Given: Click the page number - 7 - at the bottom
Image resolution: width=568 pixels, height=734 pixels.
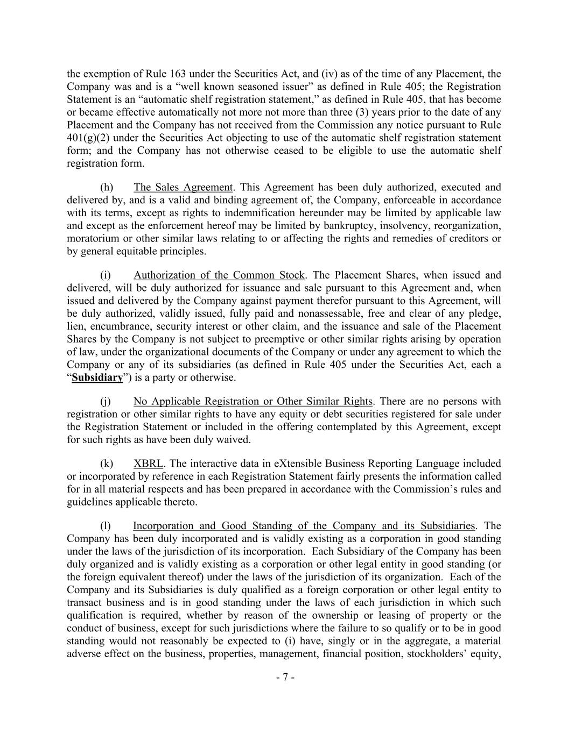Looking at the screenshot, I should tap(284, 678).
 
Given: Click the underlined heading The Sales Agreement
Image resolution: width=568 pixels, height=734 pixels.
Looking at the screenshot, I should tap(183, 187).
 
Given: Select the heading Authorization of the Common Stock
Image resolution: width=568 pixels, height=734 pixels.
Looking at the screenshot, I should tap(219, 275).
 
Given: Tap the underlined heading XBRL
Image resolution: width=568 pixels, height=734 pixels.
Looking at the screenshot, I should tap(148, 464).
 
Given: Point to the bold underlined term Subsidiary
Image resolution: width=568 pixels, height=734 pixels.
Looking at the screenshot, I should tap(97, 377).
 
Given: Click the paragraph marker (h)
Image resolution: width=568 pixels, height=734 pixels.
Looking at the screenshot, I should tap(107, 187).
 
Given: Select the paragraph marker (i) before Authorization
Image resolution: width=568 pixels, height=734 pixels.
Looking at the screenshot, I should tap(106, 275).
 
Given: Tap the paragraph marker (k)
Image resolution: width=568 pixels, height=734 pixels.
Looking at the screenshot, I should tap(107, 464).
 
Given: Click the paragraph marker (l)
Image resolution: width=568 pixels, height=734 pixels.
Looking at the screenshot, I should tap(106, 526).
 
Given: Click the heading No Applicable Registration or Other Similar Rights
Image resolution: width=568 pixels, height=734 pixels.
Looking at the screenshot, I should tap(253, 401).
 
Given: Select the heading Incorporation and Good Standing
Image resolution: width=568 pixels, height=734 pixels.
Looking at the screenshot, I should tap(304, 526).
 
